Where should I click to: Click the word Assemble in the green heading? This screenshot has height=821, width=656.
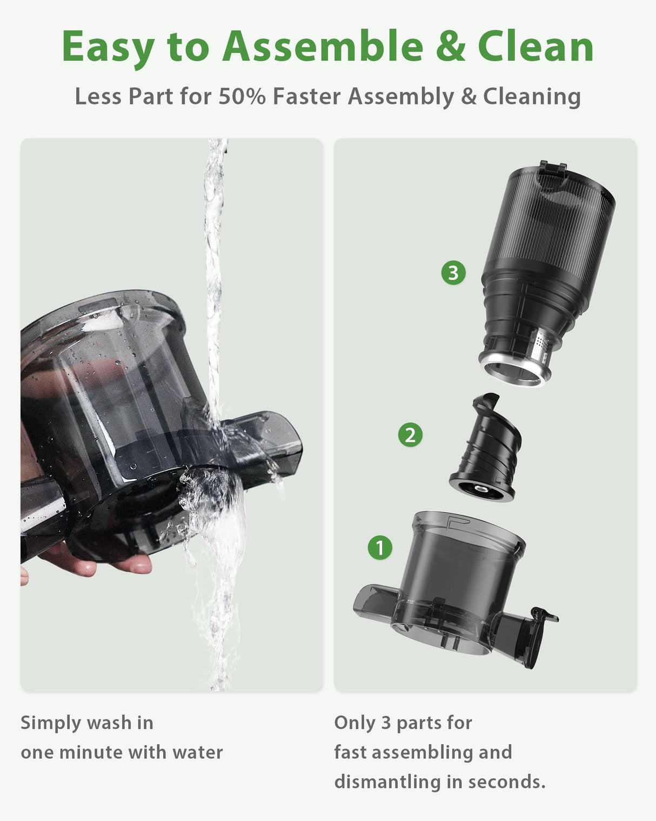coord(323,47)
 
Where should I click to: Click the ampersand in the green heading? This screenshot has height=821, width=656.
coord(450,47)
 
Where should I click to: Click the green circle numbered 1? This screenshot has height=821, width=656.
coord(380,547)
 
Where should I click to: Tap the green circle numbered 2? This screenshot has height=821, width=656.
coord(410,435)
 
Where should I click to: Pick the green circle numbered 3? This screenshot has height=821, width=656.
coord(453,273)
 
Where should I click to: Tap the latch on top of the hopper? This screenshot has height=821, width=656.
coord(553,169)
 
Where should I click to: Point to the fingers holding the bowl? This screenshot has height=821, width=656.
coord(108,562)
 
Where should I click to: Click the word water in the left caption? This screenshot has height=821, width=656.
coord(197,752)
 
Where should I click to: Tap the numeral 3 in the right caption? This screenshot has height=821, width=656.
coord(385,723)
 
